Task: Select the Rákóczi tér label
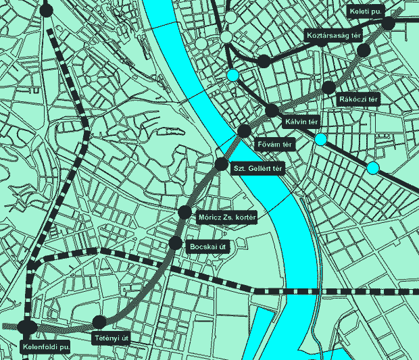click(x=358, y=100)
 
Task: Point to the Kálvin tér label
click(x=301, y=122)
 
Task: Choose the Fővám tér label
click(x=274, y=144)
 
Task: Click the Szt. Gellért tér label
click(x=256, y=170)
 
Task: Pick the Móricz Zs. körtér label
click(x=227, y=218)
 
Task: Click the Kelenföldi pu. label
click(x=46, y=348)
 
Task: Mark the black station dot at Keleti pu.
click(x=389, y=23)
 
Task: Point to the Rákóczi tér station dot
click(x=328, y=87)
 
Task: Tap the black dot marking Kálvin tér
click(x=272, y=111)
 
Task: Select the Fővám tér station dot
click(x=245, y=131)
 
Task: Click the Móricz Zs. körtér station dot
click(x=185, y=213)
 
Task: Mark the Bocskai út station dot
click(x=175, y=243)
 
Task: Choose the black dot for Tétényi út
click(x=99, y=322)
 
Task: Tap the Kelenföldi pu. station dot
click(x=28, y=327)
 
